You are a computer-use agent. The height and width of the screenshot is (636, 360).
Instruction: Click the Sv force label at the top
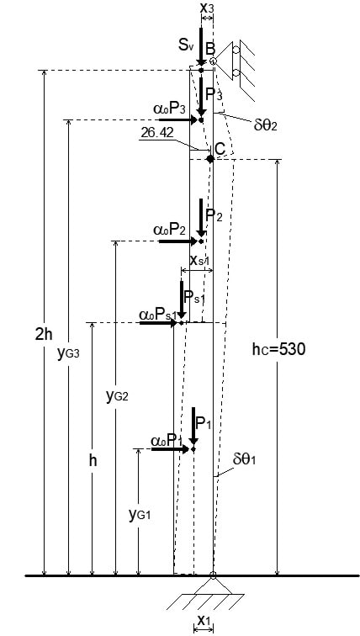click(187, 45)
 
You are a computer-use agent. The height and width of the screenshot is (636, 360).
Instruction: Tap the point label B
click(210, 49)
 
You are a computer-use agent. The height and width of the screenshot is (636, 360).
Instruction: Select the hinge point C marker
click(210, 159)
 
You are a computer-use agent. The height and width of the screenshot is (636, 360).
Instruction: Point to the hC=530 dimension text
click(278, 349)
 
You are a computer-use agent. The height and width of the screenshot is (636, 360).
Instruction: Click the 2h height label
click(45, 334)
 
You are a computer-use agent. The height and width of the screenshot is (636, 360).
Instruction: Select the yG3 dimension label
click(68, 353)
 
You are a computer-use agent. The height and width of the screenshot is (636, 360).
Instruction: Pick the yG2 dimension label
click(117, 396)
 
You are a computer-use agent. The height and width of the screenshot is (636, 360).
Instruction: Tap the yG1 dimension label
click(140, 515)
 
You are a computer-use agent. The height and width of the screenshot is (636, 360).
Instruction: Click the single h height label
click(93, 461)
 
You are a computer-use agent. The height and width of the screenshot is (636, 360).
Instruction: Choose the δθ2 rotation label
click(265, 125)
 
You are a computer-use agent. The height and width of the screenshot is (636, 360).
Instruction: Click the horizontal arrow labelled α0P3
click(178, 119)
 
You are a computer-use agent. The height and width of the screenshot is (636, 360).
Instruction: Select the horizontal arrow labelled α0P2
click(178, 241)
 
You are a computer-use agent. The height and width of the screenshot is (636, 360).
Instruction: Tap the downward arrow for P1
click(193, 426)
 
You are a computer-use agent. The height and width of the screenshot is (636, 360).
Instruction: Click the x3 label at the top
click(207, 8)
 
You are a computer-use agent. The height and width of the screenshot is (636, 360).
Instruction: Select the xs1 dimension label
click(199, 260)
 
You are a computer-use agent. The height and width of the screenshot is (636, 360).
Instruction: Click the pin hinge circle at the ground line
click(213, 575)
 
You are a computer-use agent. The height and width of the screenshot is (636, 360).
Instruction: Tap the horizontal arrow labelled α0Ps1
click(158, 323)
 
